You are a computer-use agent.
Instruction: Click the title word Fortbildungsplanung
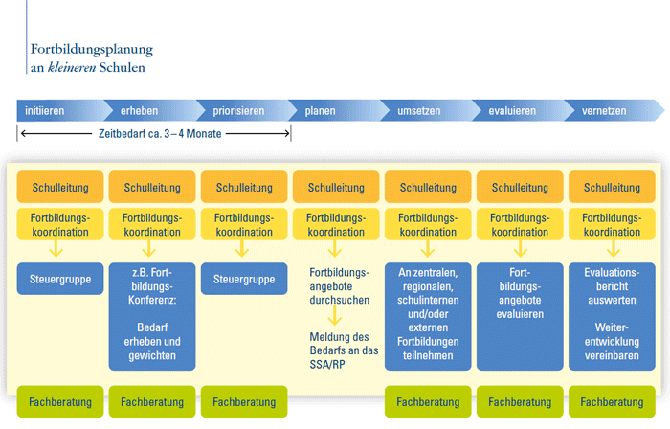[91, 49]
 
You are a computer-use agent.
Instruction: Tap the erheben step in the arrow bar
[139, 111]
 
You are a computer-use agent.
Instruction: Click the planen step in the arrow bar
[320, 111]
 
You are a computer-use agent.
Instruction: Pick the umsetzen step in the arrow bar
[418, 111]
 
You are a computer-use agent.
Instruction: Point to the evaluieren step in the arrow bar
[512, 111]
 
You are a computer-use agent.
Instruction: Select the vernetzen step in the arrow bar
[604, 111]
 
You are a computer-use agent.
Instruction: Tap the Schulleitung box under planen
[336, 187]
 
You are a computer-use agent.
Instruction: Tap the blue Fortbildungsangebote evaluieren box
[520, 286]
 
